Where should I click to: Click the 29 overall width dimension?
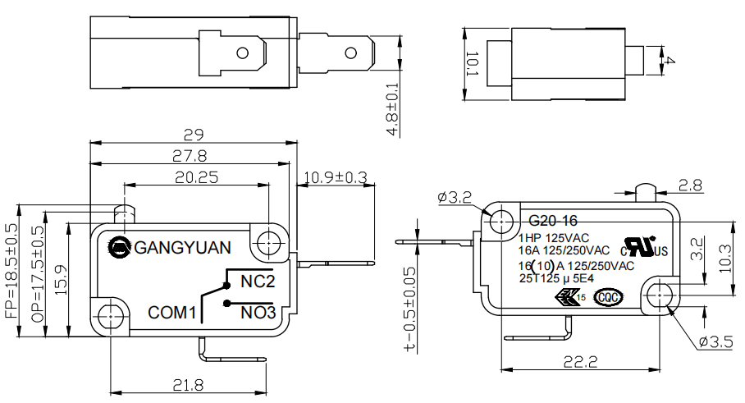click(193, 135)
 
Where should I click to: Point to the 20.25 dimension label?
click(196, 176)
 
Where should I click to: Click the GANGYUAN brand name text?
click(183, 247)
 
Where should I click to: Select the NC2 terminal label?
click(257, 281)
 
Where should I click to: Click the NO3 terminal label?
click(258, 312)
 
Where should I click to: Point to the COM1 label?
click(172, 313)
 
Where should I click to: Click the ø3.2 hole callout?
click(455, 198)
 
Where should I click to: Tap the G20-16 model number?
click(553, 221)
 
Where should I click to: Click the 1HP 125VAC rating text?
click(554, 237)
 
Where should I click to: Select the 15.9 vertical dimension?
click(60, 280)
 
